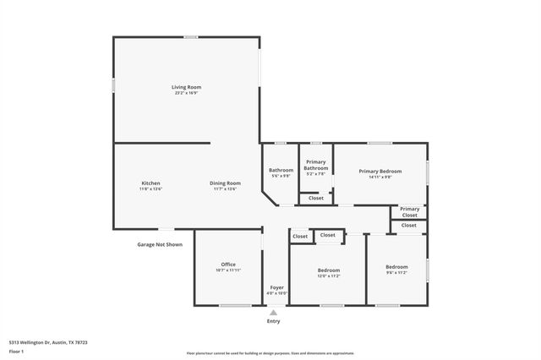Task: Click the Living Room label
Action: (x=187, y=87)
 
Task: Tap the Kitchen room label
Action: (x=150, y=183)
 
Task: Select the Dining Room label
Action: (x=226, y=183)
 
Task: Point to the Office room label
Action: (x=228, y=265)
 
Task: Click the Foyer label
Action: (x=276, y=287)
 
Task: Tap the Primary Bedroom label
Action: (x=380, y=172)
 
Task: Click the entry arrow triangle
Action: (x=273, y=313)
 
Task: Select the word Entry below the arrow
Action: (x=273, y=321)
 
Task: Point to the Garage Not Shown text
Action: (x=160, y=244)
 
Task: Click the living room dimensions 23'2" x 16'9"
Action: (x=187, y=93)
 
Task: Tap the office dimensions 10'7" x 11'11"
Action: (x=228, y=270)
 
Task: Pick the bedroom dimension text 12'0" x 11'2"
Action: (x=328, y=275)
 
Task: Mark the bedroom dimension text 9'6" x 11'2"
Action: (x=396, y=273)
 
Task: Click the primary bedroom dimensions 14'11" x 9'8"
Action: (x=380, y=177)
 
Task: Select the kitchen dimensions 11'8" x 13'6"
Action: (x=150, y=188)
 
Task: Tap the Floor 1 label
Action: (x=17, y=350)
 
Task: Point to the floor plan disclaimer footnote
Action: (x=270, y=353)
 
